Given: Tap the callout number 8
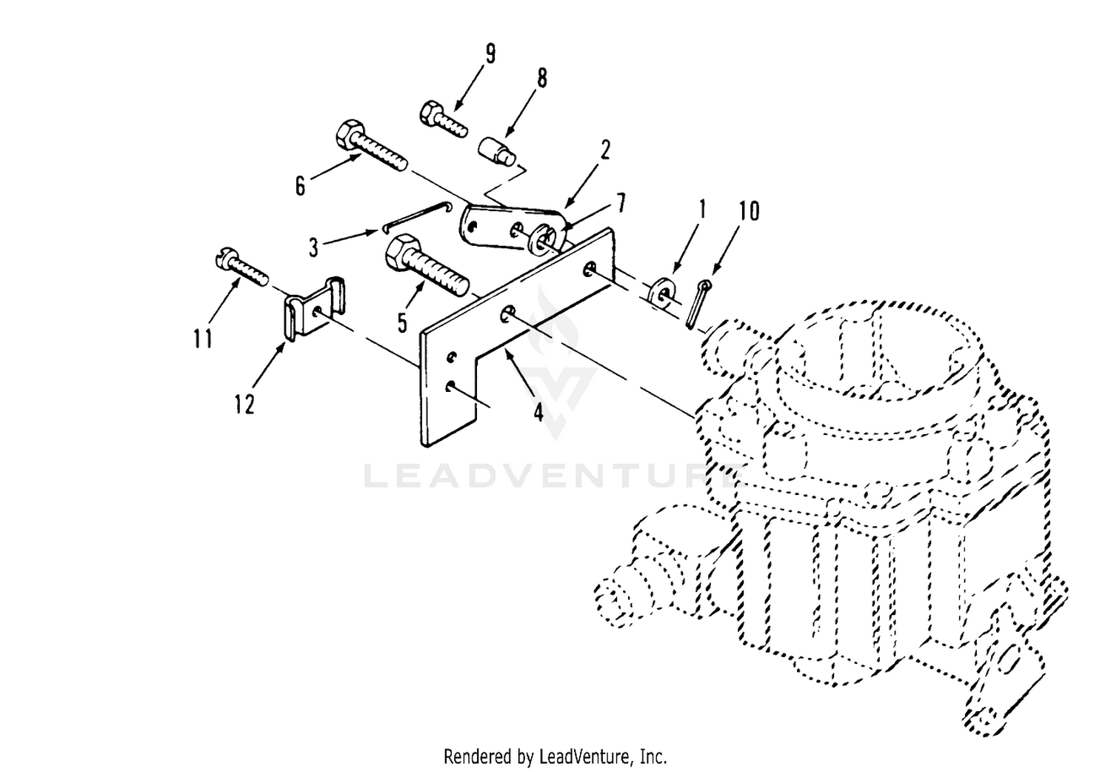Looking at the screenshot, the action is point(542,79).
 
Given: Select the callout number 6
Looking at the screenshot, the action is point(301,187).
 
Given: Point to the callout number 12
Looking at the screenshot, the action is point(245,404).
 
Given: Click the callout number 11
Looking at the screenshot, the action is point(203,339).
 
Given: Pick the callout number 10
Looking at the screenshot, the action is point(749,211).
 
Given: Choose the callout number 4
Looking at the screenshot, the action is point(538,411).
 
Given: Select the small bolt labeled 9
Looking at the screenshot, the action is point(444,119).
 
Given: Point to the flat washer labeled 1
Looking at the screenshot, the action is point(661,293).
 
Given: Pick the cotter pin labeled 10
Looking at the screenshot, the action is point(698,305).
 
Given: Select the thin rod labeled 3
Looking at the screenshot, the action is point(418,216).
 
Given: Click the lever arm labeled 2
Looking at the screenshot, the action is point(514,228).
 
